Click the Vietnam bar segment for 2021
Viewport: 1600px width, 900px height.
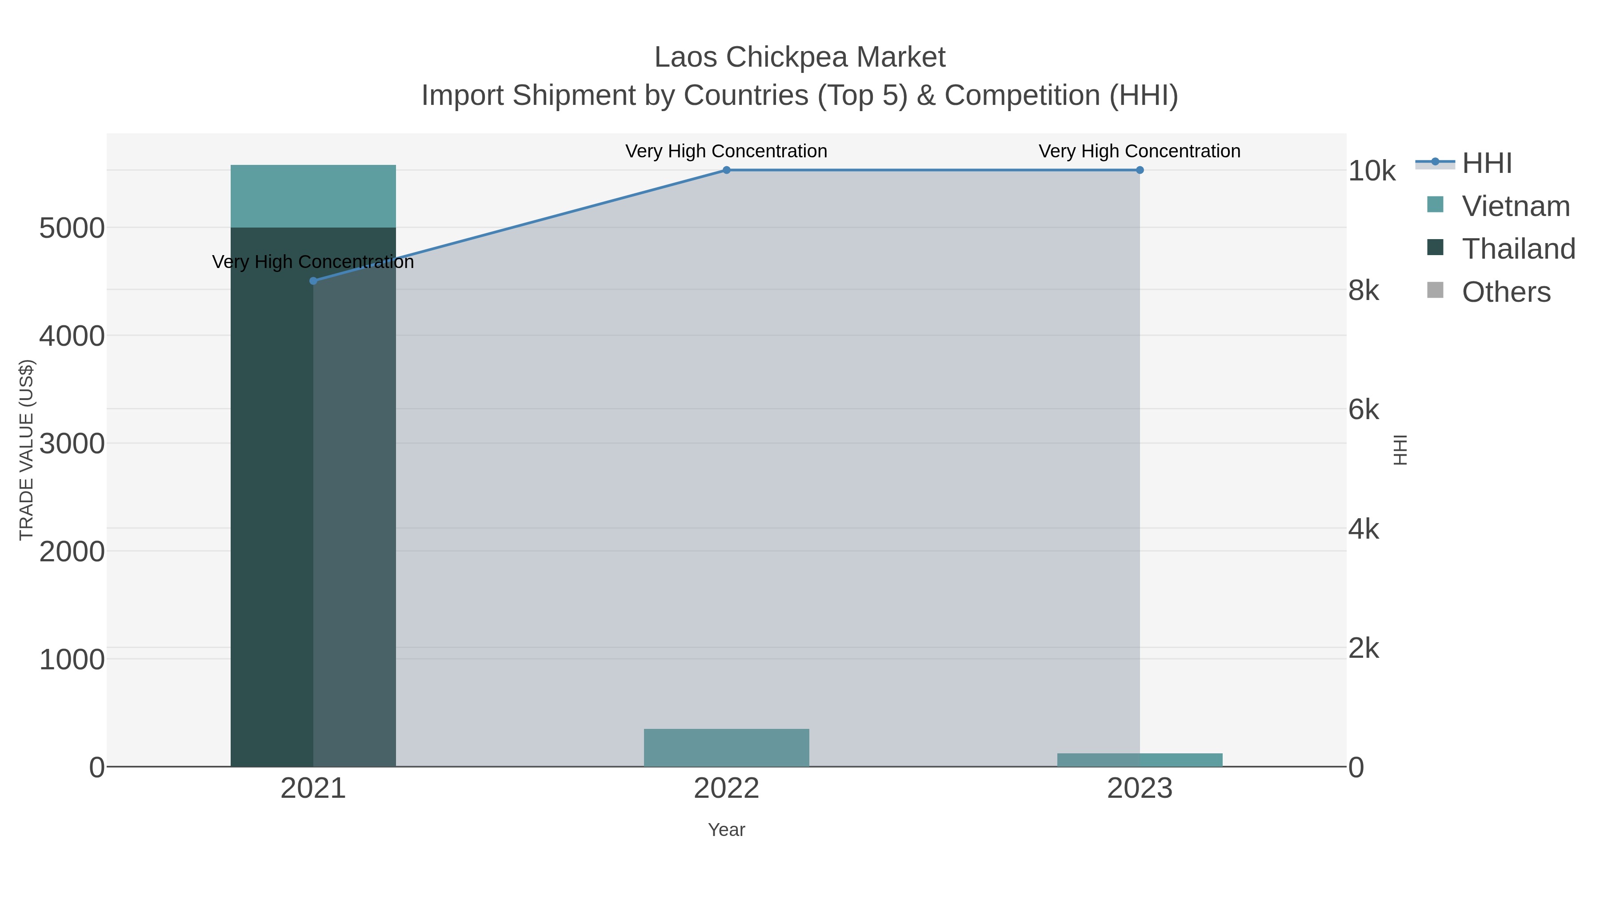(313, 196)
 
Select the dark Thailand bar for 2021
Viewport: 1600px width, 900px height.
(273, 497)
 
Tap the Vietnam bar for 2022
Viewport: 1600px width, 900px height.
(726, 747)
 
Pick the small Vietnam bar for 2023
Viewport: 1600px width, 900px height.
(1140, 760)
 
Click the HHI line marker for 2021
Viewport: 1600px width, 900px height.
(313, 281)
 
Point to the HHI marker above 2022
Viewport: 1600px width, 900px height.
(726, 170)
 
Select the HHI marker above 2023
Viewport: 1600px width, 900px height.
(1140, 170)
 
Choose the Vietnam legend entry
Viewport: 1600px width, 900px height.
(1516, 206)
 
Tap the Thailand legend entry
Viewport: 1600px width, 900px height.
(1518, 249)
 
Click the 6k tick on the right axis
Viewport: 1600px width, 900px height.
(1364, 410)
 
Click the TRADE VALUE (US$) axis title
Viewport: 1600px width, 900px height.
(27, 450)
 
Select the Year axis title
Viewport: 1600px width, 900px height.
(726, 830)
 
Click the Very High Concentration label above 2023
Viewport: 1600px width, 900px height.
(1139, 151)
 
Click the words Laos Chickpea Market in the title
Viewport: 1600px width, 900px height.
(800, 57)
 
